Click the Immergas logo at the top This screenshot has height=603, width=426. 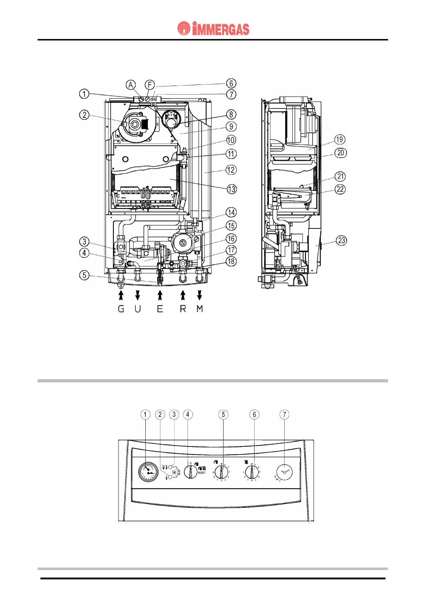(x=213, y=29)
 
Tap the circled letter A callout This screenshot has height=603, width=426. (x=131, y=85)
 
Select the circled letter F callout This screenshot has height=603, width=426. (x=150, y=85)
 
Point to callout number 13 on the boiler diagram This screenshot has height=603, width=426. (x=232, y=189)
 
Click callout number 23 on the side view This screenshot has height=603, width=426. (x=342, y=240)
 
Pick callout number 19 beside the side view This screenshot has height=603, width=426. (x=339, y=140)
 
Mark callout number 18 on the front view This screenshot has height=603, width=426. (x=231, y=261)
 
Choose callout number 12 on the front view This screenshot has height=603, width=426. (x=231, y=170)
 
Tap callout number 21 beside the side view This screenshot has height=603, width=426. (x=340, y=176)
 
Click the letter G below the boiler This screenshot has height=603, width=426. (x=121, y=309)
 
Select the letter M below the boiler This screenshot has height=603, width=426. (x=200, y=309)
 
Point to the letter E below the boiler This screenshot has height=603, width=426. (x=160, y=309)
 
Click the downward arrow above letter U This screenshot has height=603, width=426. (x=137, y=295)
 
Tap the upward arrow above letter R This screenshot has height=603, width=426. (x=183, y=295)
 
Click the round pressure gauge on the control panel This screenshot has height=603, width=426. (x=148, y=472)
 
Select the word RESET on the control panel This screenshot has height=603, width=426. (x=202, y=473)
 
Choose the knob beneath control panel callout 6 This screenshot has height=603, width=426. (x=252, y=472)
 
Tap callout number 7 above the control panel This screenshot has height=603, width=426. (x=285, y=415)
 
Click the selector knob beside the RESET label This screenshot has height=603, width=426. (x=190, y=471)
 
